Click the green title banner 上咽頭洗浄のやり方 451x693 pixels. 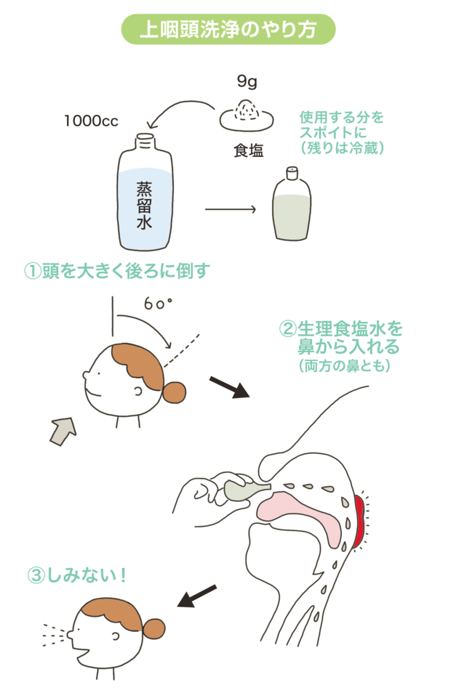point(228,29)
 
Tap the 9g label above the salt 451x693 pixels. point(247,81)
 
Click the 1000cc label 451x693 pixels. point(91,121)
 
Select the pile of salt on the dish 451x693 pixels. point(247,109)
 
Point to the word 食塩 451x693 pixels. point(249,150)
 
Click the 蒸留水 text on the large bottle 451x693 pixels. point(144,206)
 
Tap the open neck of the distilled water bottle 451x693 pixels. point(145,140)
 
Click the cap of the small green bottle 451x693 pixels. point(292,173)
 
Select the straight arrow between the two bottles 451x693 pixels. point(231,209)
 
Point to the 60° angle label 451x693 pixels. point(158,304)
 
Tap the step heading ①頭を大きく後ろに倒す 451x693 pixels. point(117,271)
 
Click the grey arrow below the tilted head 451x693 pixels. point(63,431)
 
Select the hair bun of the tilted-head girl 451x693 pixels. point(175,392)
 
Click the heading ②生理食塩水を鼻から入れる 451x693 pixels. point(340,338)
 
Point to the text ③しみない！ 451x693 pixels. point(77,575)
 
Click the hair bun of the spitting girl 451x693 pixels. point(154,628)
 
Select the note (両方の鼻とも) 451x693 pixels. point(344,365)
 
